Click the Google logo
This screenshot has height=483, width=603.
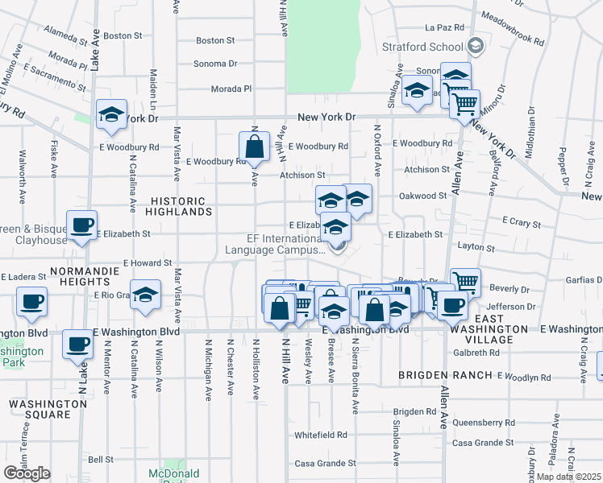tap(27, 473)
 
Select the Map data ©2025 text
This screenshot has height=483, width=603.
tap(569, 477)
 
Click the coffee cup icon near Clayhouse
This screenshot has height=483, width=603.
tap(81, 225)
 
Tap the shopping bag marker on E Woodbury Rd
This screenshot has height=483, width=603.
tap(254, 147)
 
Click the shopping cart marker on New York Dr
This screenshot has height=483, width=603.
tap(464, 104)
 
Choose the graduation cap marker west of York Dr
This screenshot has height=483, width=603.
tap(111, 114)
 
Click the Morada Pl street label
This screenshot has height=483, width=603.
tap(232, 89)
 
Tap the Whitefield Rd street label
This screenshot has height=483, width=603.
tap(320, 435)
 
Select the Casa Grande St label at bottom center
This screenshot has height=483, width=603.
tap(325, 464)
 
